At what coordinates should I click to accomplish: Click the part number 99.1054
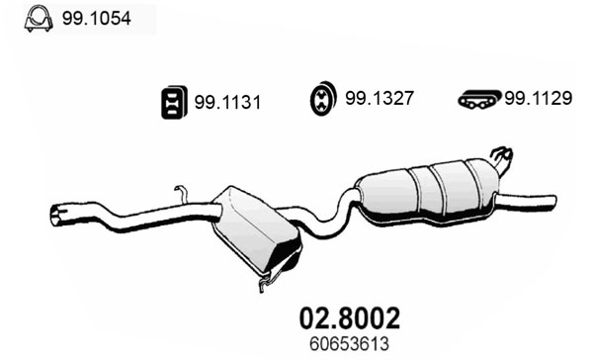[x=97, y=18]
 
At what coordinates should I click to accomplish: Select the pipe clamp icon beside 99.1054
[x=39, y=19]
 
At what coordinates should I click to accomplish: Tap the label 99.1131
[x=227, y=103]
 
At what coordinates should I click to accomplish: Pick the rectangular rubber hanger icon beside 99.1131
[x=174, y=102]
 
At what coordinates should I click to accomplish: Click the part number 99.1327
[x=379, y=99]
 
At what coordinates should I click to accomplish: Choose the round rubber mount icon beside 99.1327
[x=322, y=99]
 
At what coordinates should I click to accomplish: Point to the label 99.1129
[x=539, y=99]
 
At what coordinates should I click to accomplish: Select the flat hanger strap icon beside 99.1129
[x=479, y=99]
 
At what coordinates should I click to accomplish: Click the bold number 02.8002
[x=349, y=318]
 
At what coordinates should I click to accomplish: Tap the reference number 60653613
[x=349, y=344]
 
